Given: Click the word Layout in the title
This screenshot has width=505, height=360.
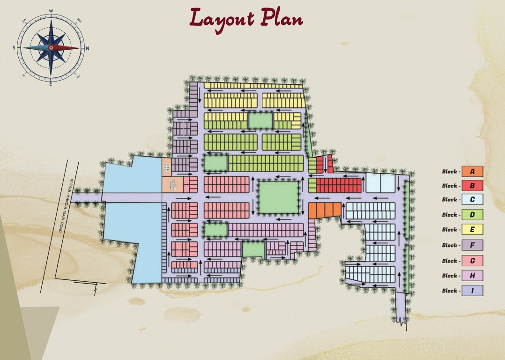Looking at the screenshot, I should pos(222,19).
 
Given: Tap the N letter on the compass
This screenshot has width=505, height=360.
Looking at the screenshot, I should pos(88,48).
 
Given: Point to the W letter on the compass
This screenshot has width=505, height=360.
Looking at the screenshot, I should pos(51,10).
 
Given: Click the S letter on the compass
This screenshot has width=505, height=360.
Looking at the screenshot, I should pos(14,48).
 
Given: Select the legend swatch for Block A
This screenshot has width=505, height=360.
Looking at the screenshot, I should pos(472,172).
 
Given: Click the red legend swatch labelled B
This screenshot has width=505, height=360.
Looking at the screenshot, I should pos(472,186).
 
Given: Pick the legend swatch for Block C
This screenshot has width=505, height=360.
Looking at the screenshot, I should pos(472,200).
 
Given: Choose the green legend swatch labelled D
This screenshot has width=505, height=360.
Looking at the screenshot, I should pos(472,215).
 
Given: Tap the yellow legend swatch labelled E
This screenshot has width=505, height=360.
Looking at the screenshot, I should pos(472,230).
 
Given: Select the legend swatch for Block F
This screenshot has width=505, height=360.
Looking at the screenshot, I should pos(472,245).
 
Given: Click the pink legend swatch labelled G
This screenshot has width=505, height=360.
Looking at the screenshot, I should pos(472,261).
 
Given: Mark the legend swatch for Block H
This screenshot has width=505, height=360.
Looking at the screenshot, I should pos(472,276).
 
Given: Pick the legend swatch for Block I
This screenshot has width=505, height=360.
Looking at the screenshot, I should pos(472,291).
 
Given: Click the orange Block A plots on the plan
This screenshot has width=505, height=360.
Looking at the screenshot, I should pos(324,210).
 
